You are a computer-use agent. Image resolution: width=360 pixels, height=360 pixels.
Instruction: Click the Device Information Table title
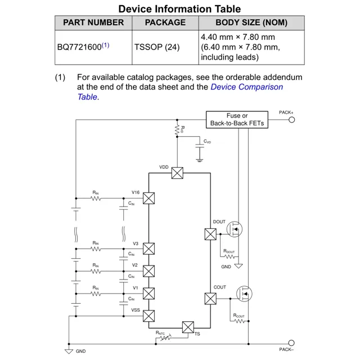(x=179, y=8)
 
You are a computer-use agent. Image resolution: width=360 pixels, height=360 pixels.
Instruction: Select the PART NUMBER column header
(x=93, y=22)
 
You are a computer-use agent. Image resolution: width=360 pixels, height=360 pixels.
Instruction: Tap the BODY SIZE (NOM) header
(x=251, y=22)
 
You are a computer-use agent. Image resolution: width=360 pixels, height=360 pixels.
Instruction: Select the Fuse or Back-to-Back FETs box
(x=237, y=119)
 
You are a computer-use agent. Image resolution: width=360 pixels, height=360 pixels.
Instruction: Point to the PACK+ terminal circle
(x=291, y=119)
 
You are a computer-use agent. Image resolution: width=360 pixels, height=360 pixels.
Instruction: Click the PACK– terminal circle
(x=291, y=343)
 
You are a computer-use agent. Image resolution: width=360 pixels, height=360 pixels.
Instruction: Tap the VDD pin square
(x=177, y=173)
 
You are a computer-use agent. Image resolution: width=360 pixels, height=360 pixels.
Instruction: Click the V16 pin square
(x=148, y=198)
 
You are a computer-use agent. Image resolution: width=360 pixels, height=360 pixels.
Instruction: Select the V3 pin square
(x=148, y=249)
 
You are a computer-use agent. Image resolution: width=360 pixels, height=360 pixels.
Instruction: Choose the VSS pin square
(x=148, y=316)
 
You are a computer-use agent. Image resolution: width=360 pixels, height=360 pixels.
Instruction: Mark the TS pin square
(x=188, y=327)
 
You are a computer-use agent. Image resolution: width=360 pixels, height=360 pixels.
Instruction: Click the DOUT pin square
(x=210, y=233)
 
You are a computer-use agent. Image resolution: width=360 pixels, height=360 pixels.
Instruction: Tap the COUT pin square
(x=210, y=299)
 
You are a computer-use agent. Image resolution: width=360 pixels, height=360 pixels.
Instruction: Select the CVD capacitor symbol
(x=199, y=147)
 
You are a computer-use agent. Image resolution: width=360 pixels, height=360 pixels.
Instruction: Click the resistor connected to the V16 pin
(x=96, y=198)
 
